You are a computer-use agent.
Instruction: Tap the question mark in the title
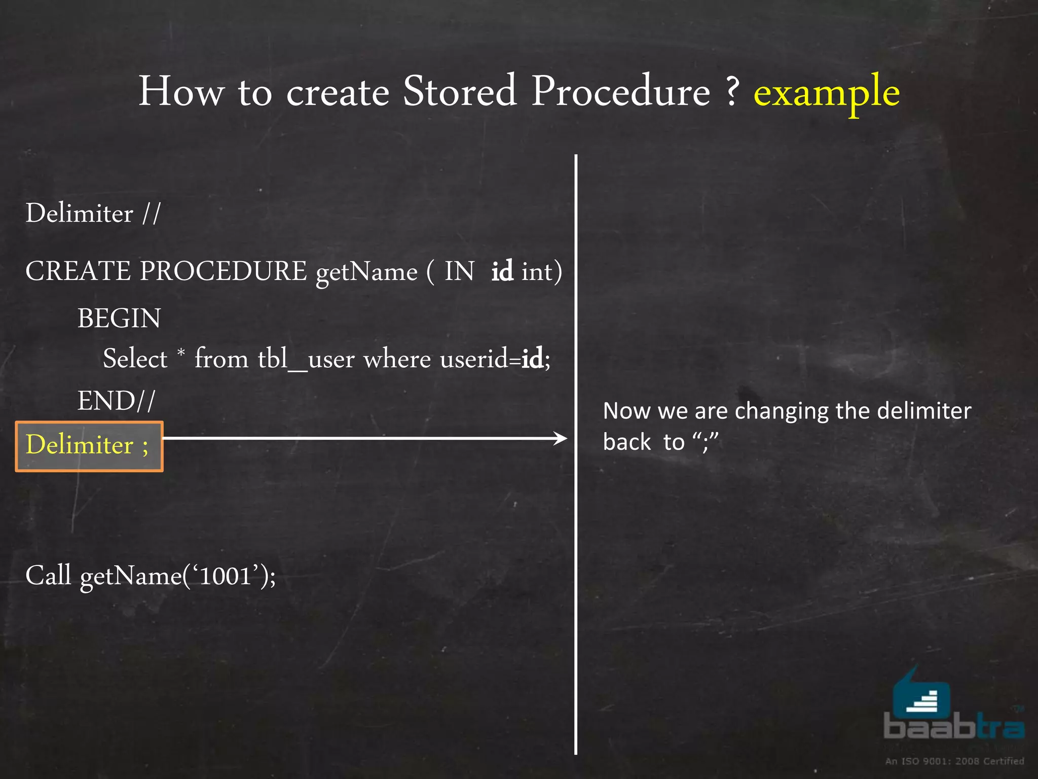[731, 91]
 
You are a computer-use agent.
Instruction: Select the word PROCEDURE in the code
[223, 271]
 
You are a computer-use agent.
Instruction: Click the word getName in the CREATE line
[366, 272]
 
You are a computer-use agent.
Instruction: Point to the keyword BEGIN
[119, 318]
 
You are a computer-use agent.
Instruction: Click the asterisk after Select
[181, 351]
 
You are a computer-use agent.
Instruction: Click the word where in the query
[397, 359]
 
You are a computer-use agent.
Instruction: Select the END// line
[116, 401]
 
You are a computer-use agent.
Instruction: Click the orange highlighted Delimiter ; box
[89, 446]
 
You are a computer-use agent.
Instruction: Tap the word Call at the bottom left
[48, 576]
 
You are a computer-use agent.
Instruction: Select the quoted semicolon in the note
[705, 441]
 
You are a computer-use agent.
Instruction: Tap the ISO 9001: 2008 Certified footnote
[954, 761]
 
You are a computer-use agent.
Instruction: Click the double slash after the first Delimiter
[151, 213]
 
